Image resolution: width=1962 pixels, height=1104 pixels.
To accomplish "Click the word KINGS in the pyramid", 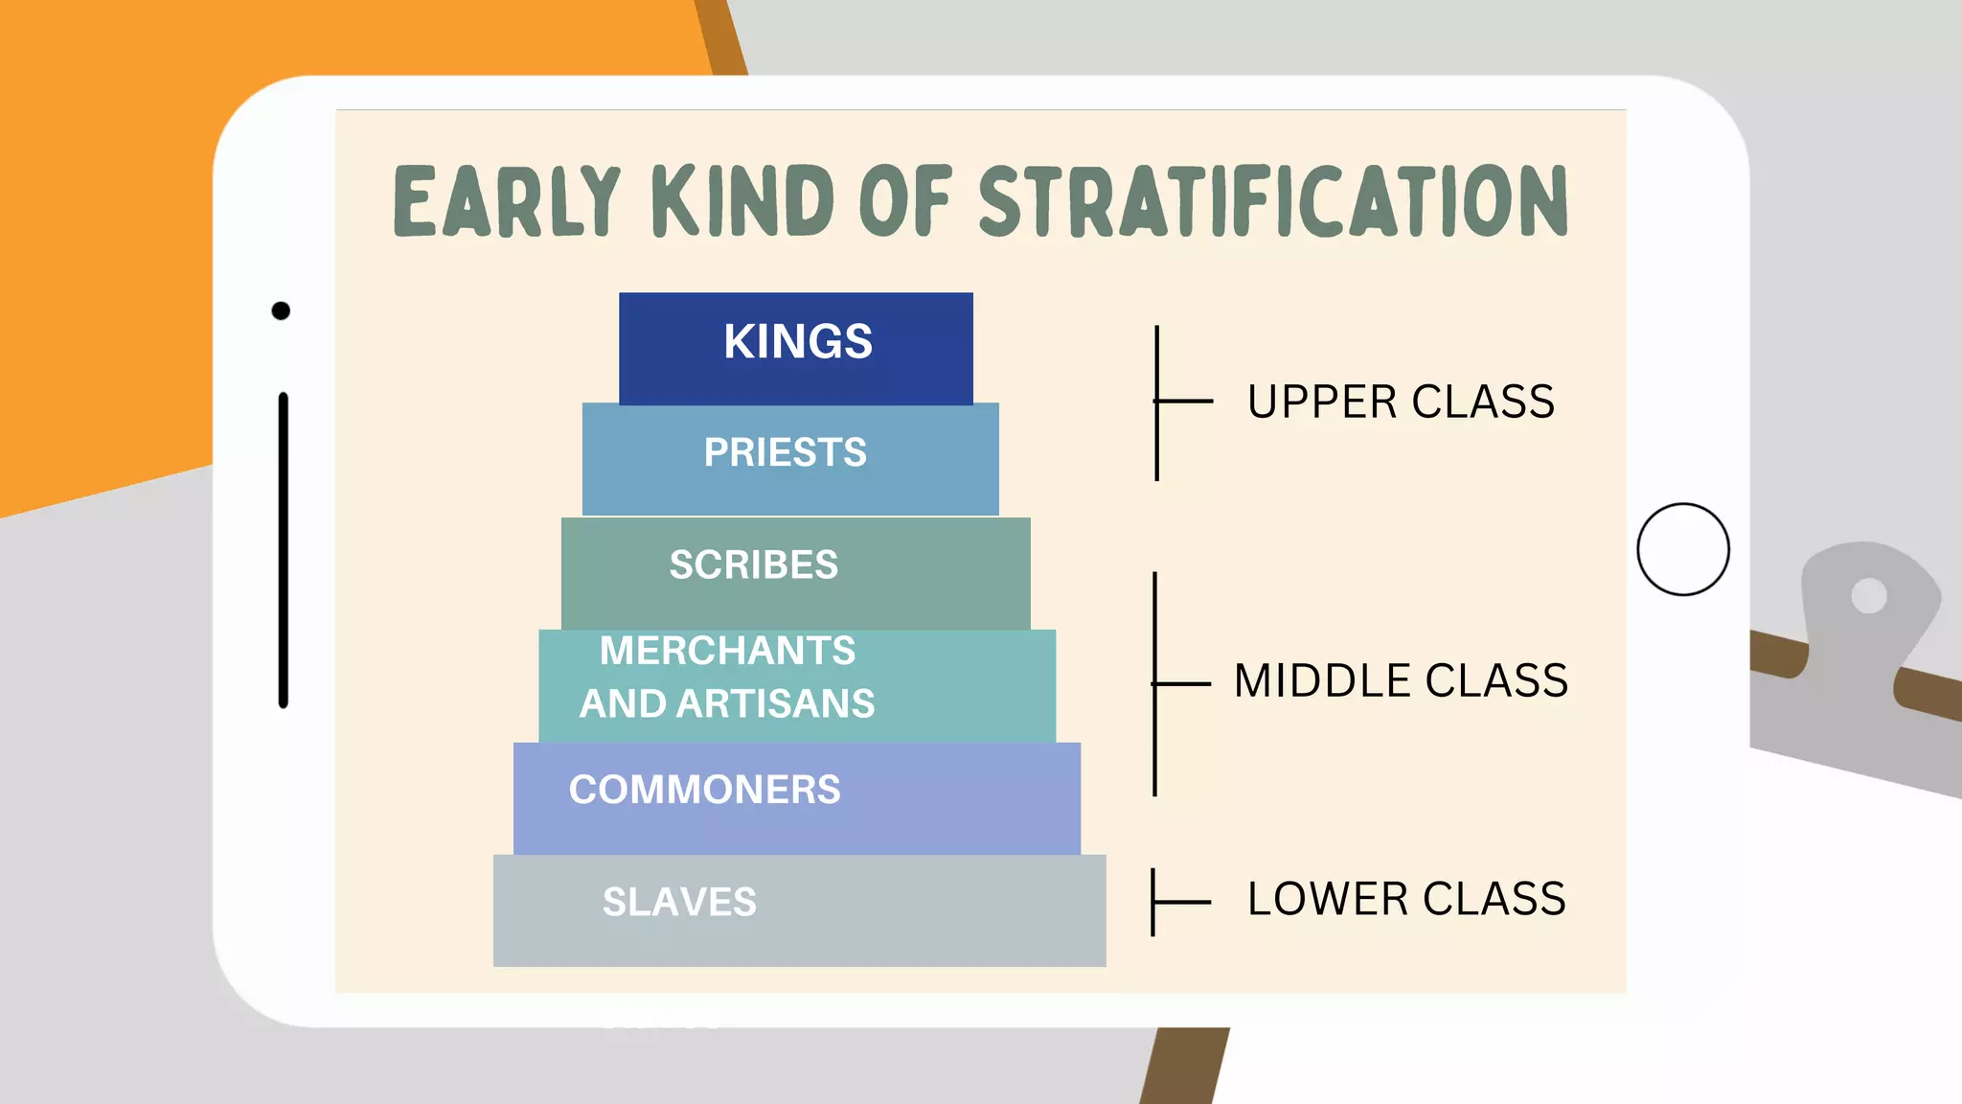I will point(798,341).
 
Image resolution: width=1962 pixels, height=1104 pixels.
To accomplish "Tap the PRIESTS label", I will point(786,452).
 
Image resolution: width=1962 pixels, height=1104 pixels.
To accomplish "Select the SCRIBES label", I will point(754,564).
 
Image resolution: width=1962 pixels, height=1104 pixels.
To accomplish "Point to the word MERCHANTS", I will point(727,651).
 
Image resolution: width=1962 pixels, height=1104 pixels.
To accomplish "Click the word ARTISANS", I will point(775,703).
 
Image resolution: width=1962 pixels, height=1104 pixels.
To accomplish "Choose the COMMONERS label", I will point(705,790).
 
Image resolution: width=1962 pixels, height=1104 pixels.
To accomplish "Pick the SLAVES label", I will point(679,902).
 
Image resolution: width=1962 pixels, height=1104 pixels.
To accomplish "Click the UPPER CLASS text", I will point(1401,402).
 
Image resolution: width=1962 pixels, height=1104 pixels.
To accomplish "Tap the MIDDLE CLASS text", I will point(1401,680).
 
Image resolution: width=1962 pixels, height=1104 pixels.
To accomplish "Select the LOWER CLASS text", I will point(1406,899).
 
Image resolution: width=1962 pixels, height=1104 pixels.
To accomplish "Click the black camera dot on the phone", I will point(281,310).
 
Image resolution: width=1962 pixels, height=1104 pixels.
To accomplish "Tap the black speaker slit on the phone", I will point(284,550).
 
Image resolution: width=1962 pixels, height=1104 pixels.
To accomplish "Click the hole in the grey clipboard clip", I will point(1868,596).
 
